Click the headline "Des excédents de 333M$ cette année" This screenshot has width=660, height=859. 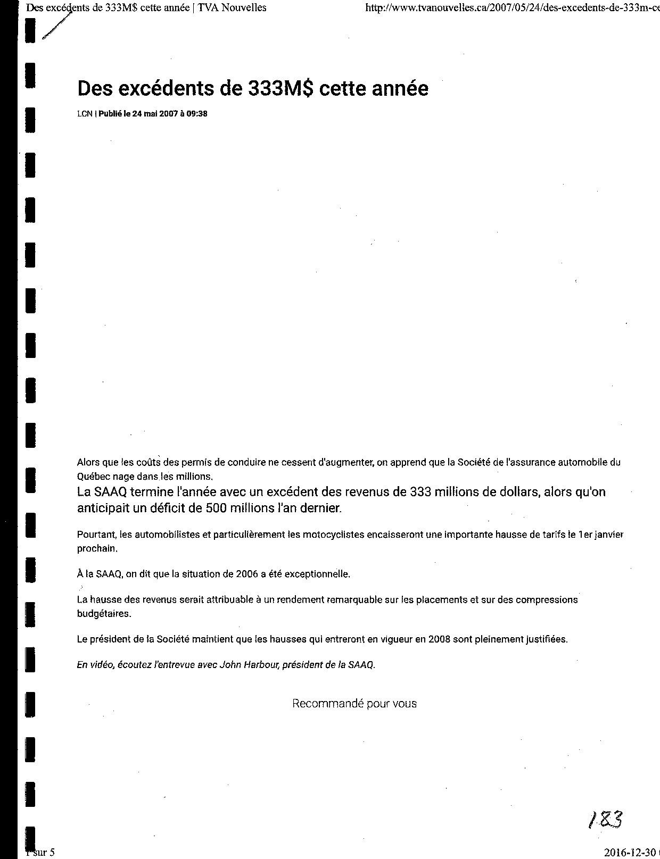point(252,88)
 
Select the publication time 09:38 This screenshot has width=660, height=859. point(197,114)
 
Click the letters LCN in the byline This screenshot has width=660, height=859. point(85,114)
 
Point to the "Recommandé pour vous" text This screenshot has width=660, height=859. point(354,704)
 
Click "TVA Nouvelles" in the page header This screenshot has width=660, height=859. point(232,7)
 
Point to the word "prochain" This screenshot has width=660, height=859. point(96,548)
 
